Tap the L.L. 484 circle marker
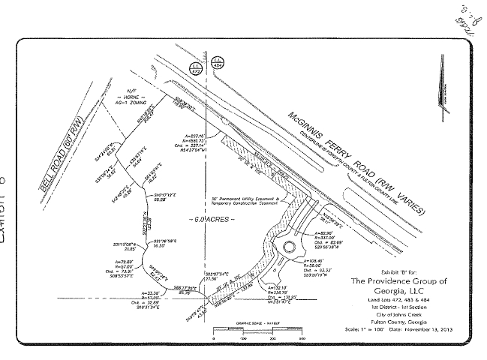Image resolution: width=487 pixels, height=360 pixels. pyautogui.click(x=218, y=61)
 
